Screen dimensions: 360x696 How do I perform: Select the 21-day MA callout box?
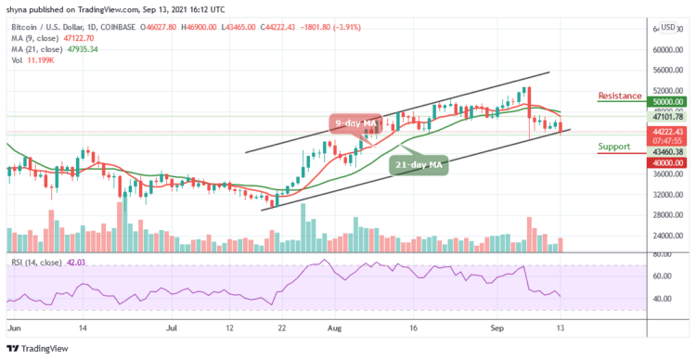point(417,165)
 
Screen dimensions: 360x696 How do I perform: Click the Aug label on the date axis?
point(335,328)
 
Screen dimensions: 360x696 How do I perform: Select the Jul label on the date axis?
point(172,328)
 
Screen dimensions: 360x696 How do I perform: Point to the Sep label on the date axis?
point(497,328)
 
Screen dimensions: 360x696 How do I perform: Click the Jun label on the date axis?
point(12,328)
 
